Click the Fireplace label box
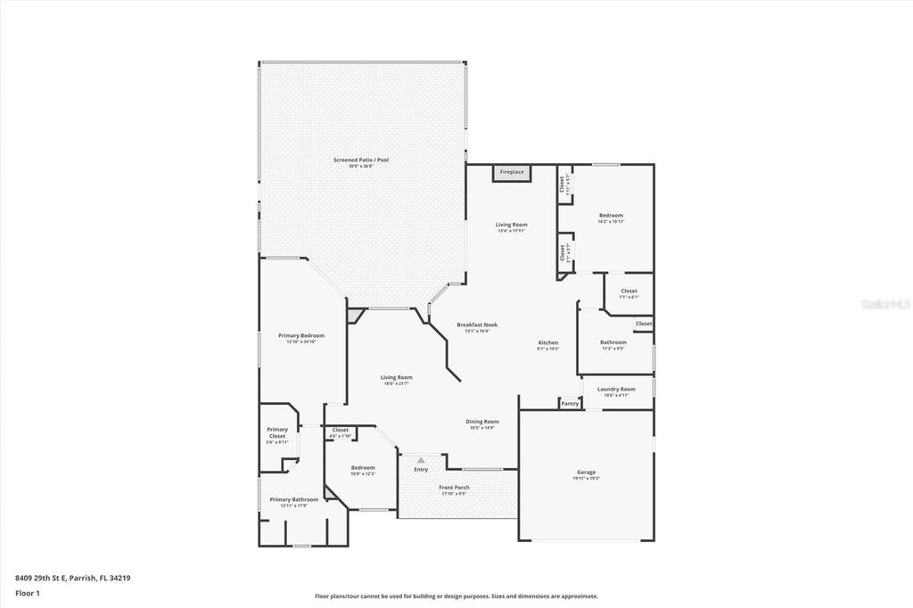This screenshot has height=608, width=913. [512, 171]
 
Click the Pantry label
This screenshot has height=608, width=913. [570, 404]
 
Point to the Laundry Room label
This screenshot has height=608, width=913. [616, 390]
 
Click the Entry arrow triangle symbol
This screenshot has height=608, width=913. [421, 460]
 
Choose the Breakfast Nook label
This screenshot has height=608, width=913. [477, 326]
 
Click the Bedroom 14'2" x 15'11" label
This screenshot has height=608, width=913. [611, 217]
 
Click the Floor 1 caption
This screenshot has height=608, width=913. [28, 592]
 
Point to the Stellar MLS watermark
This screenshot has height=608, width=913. [884, 303]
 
